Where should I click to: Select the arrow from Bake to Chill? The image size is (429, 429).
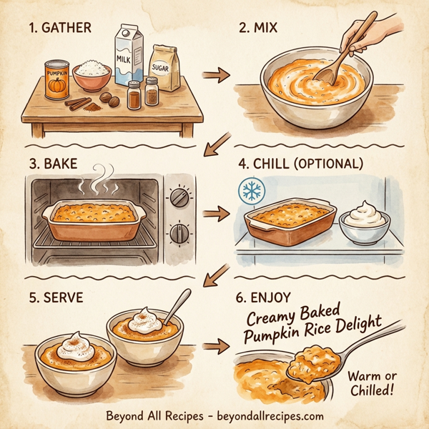pos(213,213)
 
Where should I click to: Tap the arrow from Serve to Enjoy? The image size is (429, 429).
pos(213,347)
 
